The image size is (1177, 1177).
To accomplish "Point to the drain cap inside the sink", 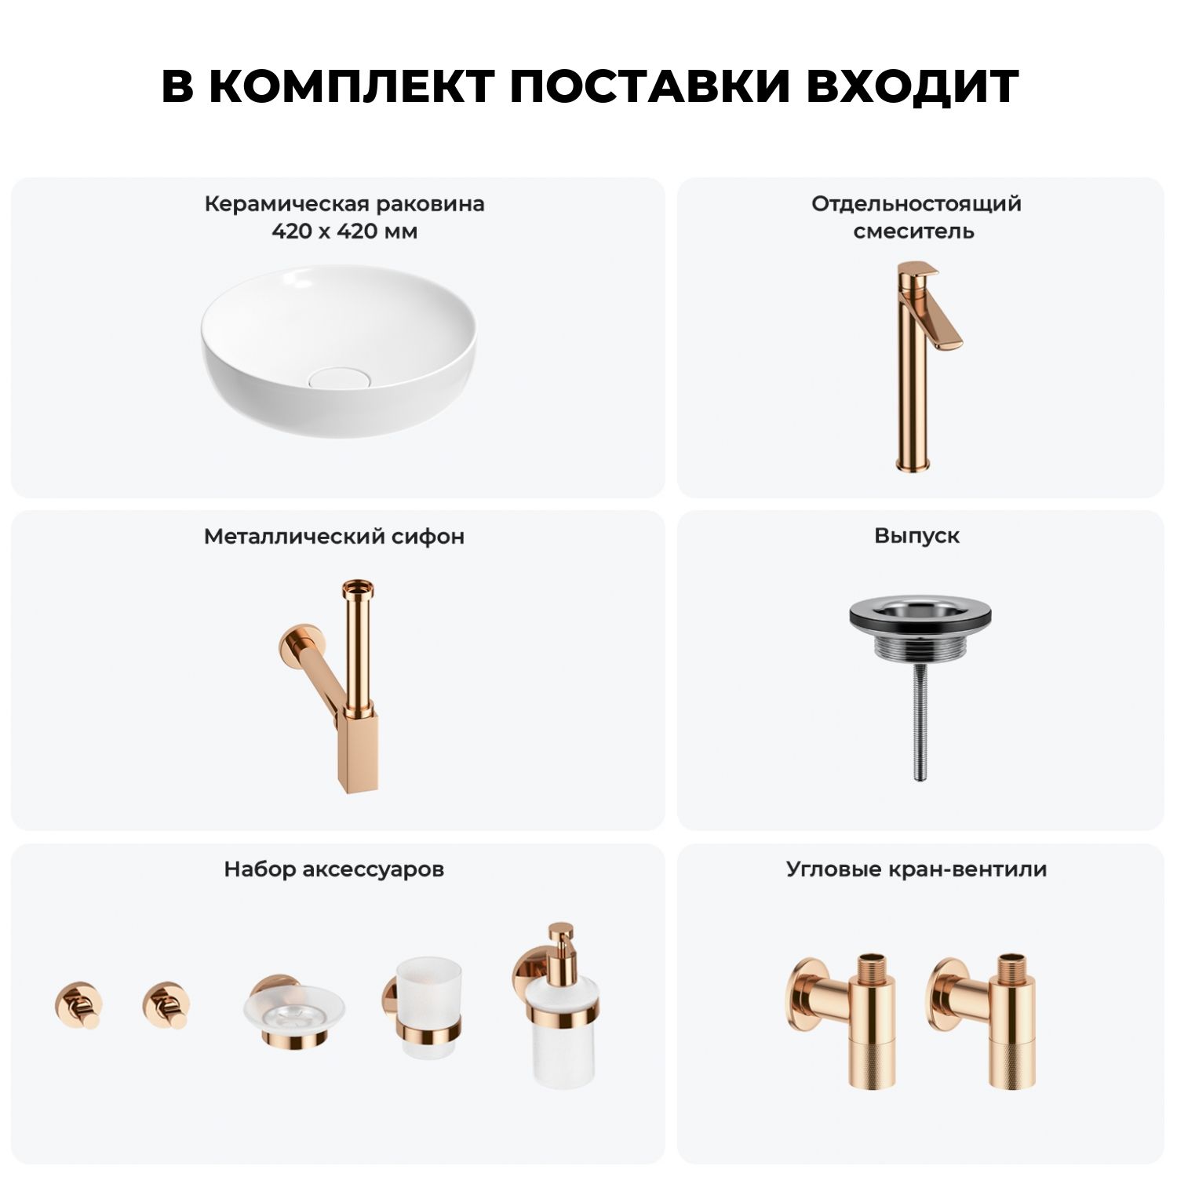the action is click(339, 377).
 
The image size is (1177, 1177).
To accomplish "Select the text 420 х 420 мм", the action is click(344, 231).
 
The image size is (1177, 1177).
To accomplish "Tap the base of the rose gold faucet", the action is click(913, 463).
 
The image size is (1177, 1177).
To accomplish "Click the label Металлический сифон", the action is click(334, 537).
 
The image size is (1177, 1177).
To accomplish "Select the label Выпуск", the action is click(916, 536).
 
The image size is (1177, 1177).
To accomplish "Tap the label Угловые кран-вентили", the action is click(916, 869).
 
